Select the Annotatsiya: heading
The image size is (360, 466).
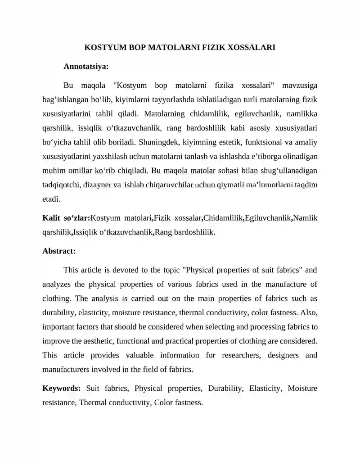pyautogui.click(x=86, y=67)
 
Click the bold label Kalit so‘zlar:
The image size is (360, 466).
pyautogui.click(x=66, y=218)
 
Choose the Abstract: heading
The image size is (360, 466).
pyautogui.click(x=59, y=251)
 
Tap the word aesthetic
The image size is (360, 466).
pyautogui.click(x=122, y=341)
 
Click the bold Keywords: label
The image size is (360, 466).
pyautogui.click(x=62, y=388)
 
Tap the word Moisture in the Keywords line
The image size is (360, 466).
pyautogui.click(x=303, y=388)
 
